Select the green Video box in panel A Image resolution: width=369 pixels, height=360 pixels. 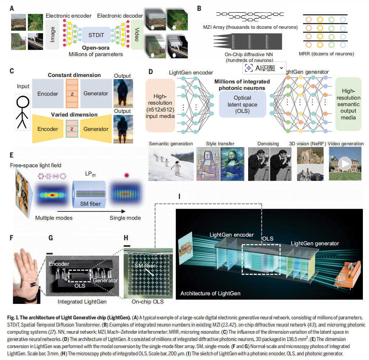136,34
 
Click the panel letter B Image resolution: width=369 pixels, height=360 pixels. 199,8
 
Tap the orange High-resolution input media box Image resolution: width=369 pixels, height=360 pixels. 160,105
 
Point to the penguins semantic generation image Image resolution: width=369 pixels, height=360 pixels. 170,164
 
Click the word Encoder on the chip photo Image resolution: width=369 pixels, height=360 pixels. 59,264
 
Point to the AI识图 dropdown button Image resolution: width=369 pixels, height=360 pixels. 265,68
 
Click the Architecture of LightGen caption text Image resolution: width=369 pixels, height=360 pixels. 210,293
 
